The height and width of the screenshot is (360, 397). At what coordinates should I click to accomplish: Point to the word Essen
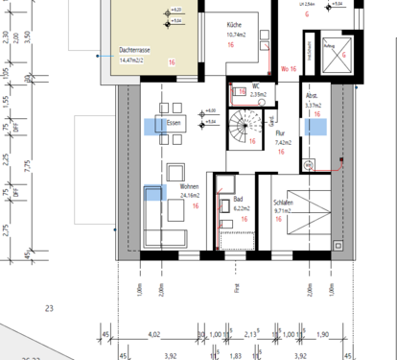(174, 124)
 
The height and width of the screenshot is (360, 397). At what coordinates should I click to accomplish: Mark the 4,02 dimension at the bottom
(153, 334)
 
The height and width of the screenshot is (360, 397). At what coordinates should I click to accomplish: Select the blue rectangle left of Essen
(151, 125)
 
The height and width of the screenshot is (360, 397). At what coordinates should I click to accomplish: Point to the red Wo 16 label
(289, 69)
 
